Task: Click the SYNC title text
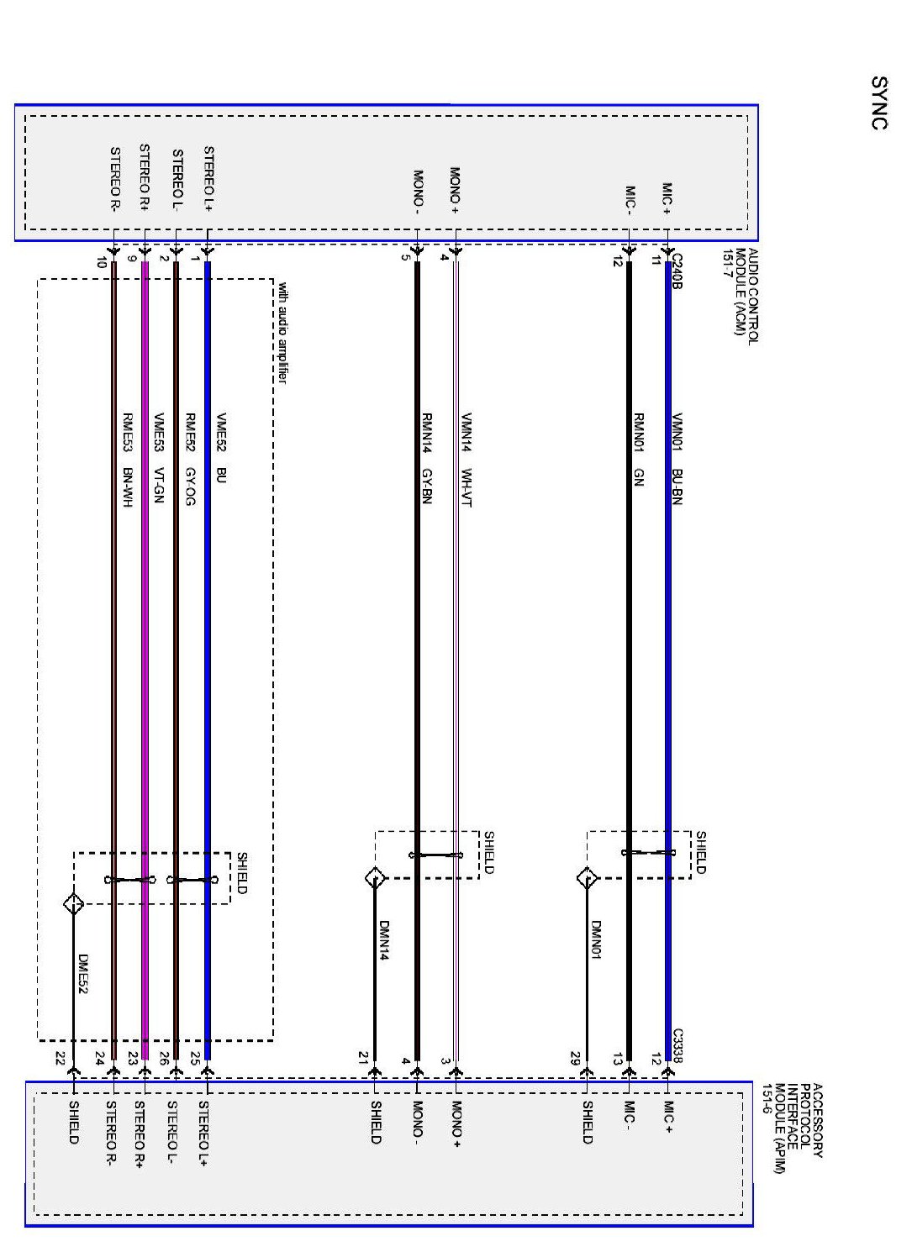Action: [879, 103]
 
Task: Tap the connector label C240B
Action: [677, 271]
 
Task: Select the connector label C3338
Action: [677, 1045]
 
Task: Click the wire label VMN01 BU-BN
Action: [677, 459]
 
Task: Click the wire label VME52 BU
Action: [221, 448]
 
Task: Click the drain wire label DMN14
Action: [383, 940]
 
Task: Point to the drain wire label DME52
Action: [82, 974]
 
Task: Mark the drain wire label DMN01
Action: [596, 940]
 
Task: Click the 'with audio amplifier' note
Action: [282, 333]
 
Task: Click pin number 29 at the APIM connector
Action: [576, 1057]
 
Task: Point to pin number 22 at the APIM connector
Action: [60, 1057]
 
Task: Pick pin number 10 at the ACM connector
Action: [102, 262]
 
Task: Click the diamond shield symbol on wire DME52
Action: [74, 904]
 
